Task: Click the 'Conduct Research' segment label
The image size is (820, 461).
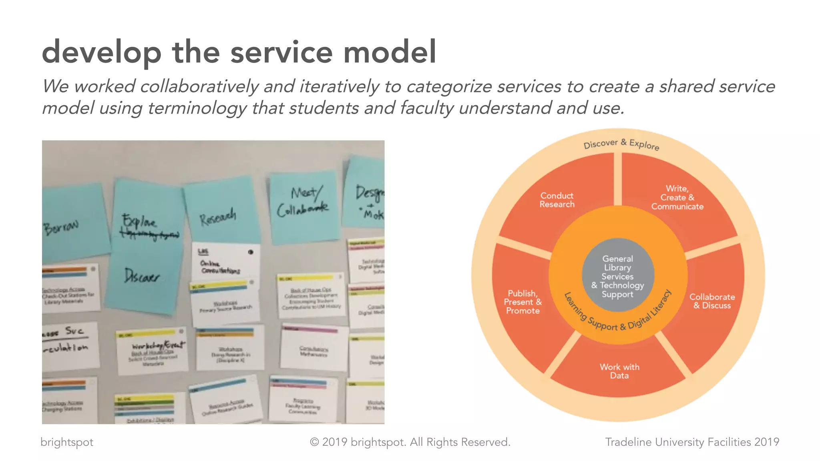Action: pos(557,200)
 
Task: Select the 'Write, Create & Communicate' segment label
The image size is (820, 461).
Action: pos(677,198)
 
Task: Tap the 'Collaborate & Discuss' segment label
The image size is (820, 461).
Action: pos(712,301)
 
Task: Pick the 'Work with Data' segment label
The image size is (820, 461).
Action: pos(619,371)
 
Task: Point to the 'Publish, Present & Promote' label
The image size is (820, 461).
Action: pos(523,302)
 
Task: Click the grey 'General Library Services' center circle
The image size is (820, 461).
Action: pos(618,276)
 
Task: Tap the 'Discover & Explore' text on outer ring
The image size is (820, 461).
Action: pos(621,144)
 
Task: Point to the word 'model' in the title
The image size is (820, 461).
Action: pos(390,52)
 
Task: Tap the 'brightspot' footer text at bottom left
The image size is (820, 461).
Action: pos(67,442)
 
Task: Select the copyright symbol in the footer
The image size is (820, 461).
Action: pos(314,442)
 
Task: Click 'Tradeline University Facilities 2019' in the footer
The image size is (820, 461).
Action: pos(692,442)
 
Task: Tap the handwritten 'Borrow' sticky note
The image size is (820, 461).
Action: pos(61,227)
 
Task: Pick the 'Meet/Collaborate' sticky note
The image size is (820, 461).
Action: pos(303,202)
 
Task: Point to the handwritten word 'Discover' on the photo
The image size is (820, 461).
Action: pos(142,276)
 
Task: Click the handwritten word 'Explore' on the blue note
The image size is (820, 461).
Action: pos(139,221)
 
